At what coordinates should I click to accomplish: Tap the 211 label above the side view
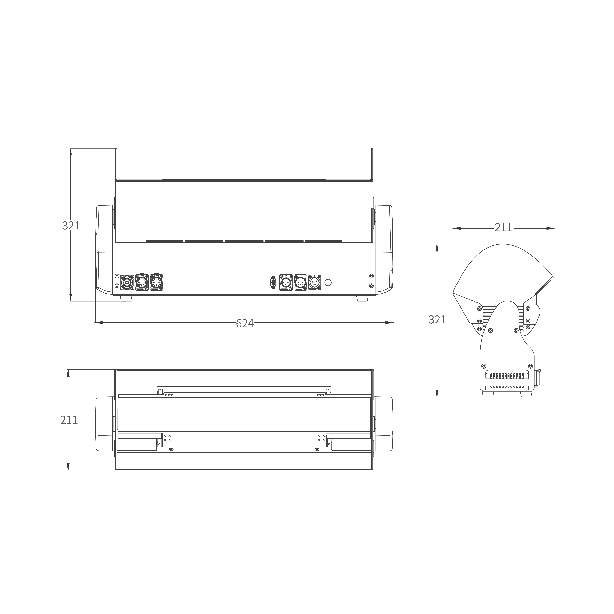pos(503,228)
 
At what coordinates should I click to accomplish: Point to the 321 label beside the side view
pos(437,320)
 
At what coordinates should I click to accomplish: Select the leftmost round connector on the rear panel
pos(127,282)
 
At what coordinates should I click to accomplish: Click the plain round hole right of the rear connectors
pos(328,282)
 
